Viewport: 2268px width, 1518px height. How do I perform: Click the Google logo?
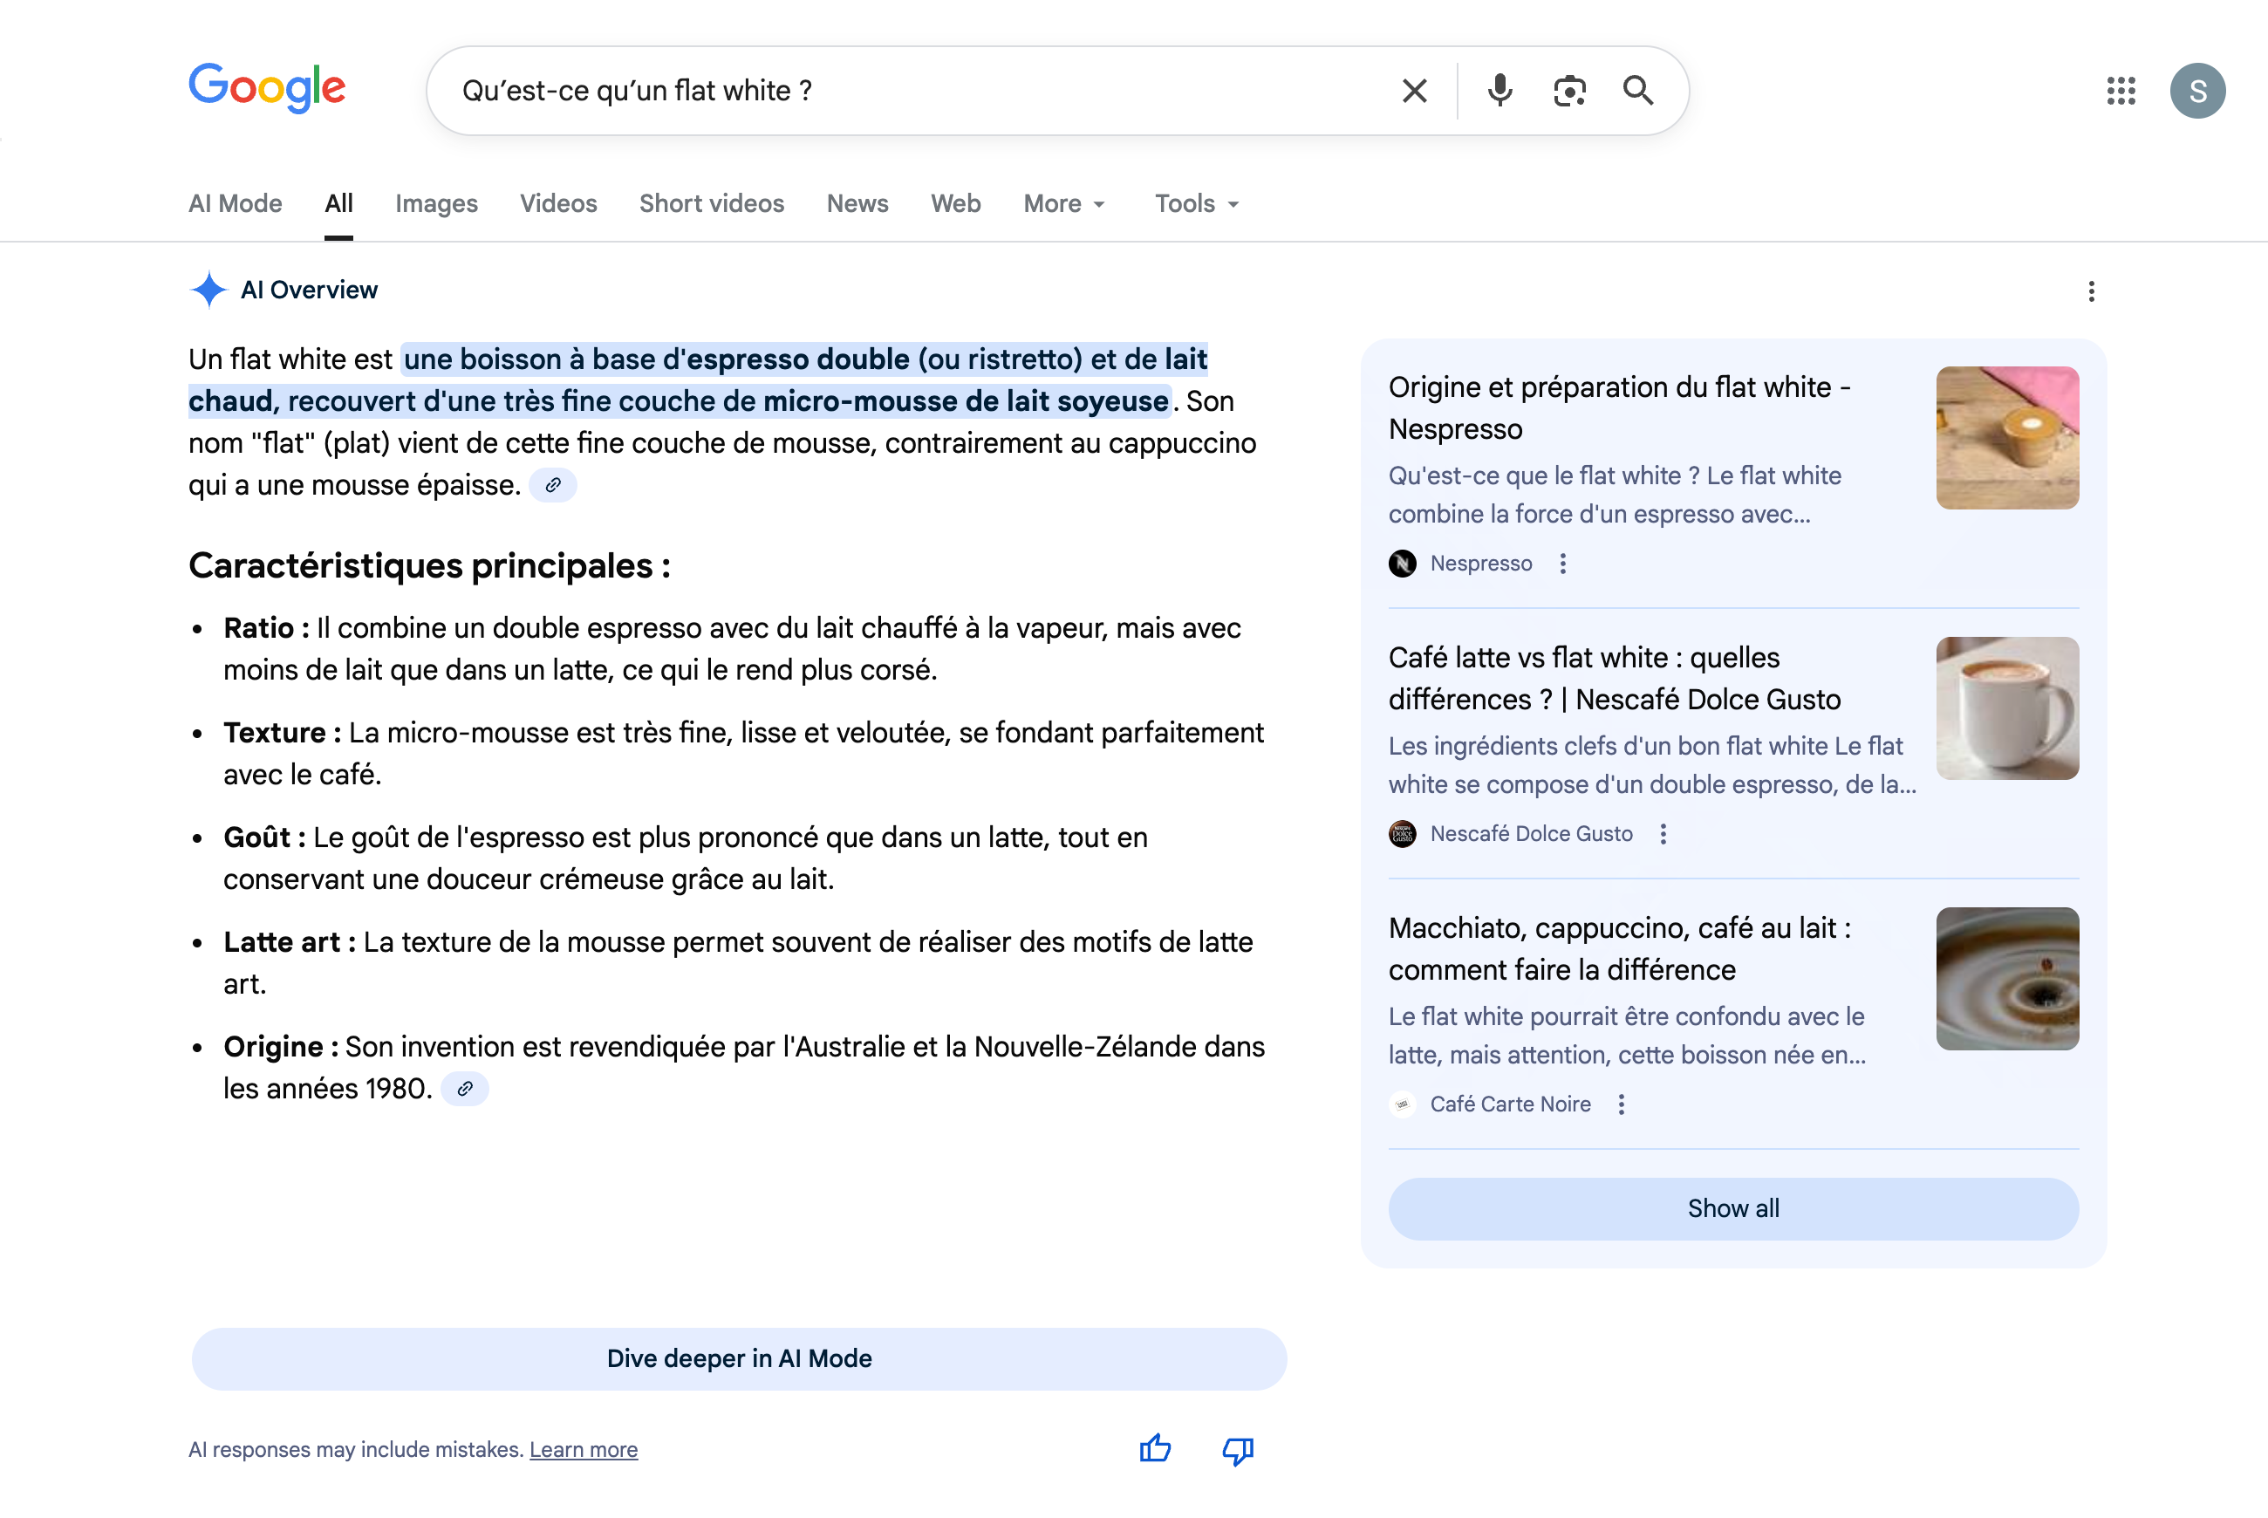tap(266, 88)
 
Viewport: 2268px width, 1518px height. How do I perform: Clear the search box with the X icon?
tap(1414, 91)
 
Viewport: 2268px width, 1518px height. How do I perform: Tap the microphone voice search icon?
tap(1499, 91)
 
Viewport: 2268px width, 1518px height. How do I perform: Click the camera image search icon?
tap(1569, 91)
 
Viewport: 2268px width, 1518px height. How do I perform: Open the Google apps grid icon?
tap(2120, 91)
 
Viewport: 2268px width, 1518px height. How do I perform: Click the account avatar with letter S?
tap(2196, 91)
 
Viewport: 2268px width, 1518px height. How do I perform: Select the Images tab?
tap(435, 203)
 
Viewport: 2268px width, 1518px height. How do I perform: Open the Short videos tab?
tap(712, 203)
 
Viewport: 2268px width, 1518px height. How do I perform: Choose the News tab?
tap(857, 203)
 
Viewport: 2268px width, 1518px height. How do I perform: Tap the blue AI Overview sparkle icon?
tap(208, 290)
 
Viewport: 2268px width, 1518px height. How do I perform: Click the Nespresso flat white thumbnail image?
tap(2006, 438)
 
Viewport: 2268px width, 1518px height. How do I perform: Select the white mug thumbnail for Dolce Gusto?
tap(2006, 708)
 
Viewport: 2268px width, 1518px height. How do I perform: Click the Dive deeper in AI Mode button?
tap(739, 1358)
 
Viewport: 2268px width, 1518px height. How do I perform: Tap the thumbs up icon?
tap(1155, 1449)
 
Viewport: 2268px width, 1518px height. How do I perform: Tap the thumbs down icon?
tap(1237, 1450)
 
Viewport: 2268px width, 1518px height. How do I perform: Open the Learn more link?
tap(583, 1449)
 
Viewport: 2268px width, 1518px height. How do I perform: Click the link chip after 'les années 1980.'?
tap(465, 1089)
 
